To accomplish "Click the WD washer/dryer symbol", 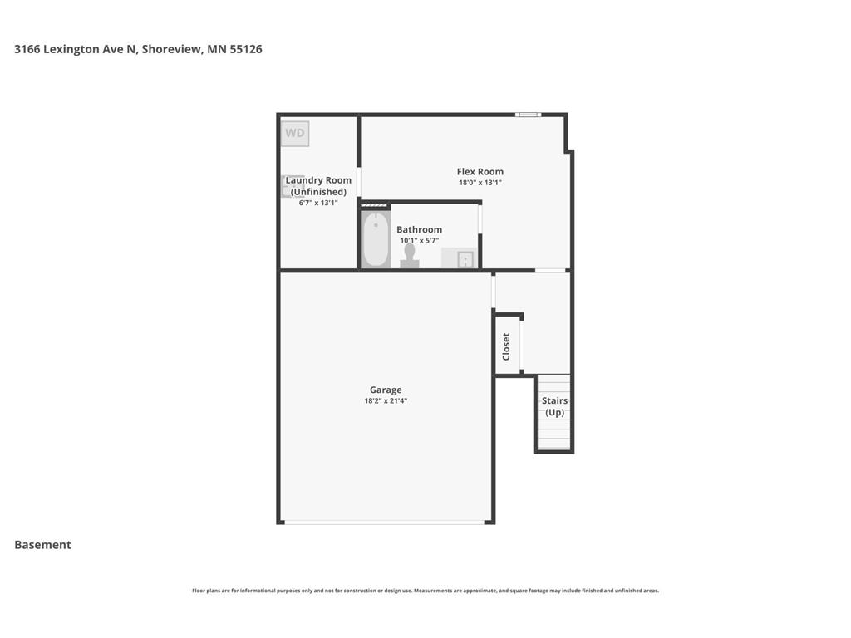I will click(295, 133).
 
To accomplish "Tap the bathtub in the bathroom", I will click(376, 240).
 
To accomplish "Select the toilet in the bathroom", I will click(410, 256).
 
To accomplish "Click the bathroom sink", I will click(465, 259).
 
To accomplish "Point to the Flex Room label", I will click(480, 172).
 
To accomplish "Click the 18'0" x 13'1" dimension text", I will click(480, 183).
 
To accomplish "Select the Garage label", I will click(386, 390).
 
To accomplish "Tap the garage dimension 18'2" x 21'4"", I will click(386, 400).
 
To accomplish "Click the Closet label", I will click(506, 346).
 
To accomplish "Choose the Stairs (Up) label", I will click(554, 406).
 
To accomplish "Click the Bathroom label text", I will click(419, 229).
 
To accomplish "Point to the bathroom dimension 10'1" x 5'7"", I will click(419, 240).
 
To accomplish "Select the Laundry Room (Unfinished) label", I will click(318, 186).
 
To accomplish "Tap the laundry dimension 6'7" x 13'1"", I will click(318, 203).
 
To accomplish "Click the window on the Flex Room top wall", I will click(528, 115).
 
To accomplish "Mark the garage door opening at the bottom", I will click(385, 522).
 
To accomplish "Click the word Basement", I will click(42, 545).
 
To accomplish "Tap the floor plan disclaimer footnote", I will click(425, 591).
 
